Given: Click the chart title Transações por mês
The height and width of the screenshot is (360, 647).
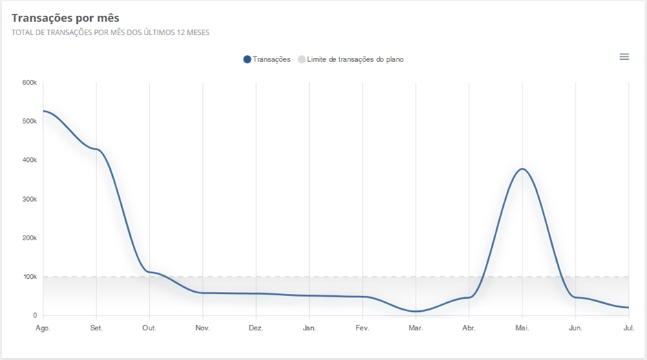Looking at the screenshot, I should [65, 18].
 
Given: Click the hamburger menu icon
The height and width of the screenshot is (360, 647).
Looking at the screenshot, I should [624, 56].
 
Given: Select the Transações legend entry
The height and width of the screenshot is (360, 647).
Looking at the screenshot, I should [267, 59].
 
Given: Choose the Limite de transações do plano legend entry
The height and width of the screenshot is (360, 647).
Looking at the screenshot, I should [351, 59].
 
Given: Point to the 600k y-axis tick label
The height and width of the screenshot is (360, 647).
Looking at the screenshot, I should [30, 83].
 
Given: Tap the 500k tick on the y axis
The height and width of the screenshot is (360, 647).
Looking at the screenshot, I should [30, 121].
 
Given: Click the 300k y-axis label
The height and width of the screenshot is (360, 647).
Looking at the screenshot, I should [30, 199].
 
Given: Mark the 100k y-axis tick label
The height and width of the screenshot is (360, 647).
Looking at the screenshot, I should [30, 277].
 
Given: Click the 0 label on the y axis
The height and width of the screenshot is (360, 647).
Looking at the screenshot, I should [34, 316].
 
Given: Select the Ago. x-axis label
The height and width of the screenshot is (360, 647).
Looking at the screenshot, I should [43, 328].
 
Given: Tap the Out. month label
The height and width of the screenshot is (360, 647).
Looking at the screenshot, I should [149, 328].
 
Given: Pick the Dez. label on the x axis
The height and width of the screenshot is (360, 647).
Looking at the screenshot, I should [256, 328].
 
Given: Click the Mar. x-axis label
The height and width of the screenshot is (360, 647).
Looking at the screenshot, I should [416, 328].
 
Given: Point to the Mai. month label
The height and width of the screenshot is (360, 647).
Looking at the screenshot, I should [522, 328].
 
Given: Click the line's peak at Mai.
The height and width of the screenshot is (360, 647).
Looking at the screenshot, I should [522, 169].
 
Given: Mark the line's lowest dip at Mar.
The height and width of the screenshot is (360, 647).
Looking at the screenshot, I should [416, 311].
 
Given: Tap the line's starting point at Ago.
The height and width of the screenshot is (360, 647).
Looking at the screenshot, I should [44, 111].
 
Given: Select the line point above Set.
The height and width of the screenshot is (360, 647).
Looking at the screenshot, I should [96, 149].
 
